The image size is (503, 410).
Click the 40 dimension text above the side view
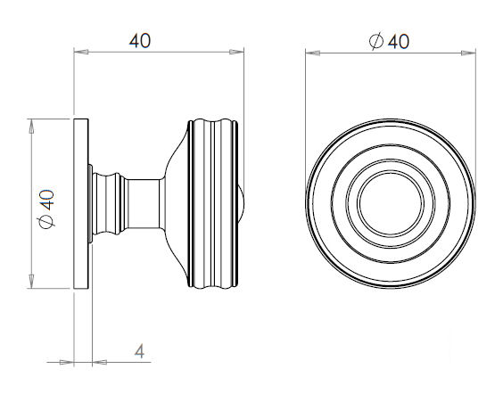pyautogui.click(x=140, y=41)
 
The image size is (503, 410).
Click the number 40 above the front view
pyautogui.click(x=398, y=41)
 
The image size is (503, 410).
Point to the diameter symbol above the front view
pyautogui.click(x=375, y=41)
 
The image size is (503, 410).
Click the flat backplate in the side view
pyautogui.click(x=81, y=203)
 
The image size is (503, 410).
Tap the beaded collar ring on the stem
pyautogui.click(x=111, y=203)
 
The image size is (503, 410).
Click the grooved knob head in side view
pyautogui.click(x=214, y=203)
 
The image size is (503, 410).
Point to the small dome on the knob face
pyautogui.click(x=244, y=203)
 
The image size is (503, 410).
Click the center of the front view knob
pyautogui.click(x=389, y=203)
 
